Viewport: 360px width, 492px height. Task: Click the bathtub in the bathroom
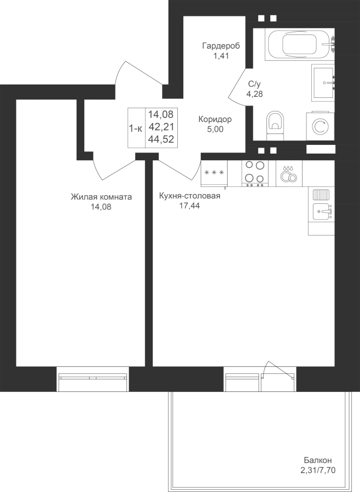299,44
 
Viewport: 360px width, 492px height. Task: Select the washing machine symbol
320,126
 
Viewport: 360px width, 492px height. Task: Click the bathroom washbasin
323,83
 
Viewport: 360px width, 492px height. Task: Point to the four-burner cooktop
255,173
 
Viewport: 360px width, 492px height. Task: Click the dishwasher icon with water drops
289,173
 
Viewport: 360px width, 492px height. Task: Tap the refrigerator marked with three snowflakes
214,173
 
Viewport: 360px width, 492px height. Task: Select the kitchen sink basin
321,211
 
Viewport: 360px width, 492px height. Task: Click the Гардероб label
221,46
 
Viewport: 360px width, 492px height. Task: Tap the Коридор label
215,119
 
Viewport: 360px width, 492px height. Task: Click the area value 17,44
189,206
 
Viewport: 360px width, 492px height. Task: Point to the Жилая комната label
101,197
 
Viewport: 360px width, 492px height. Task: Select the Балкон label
317,469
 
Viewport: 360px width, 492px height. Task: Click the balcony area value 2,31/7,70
318,479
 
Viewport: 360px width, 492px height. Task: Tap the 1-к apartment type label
136,128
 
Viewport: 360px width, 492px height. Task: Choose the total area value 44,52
161,139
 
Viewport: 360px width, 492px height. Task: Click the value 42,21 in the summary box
161,127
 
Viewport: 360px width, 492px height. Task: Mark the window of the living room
92,379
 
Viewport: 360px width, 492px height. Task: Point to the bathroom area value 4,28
254,94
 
